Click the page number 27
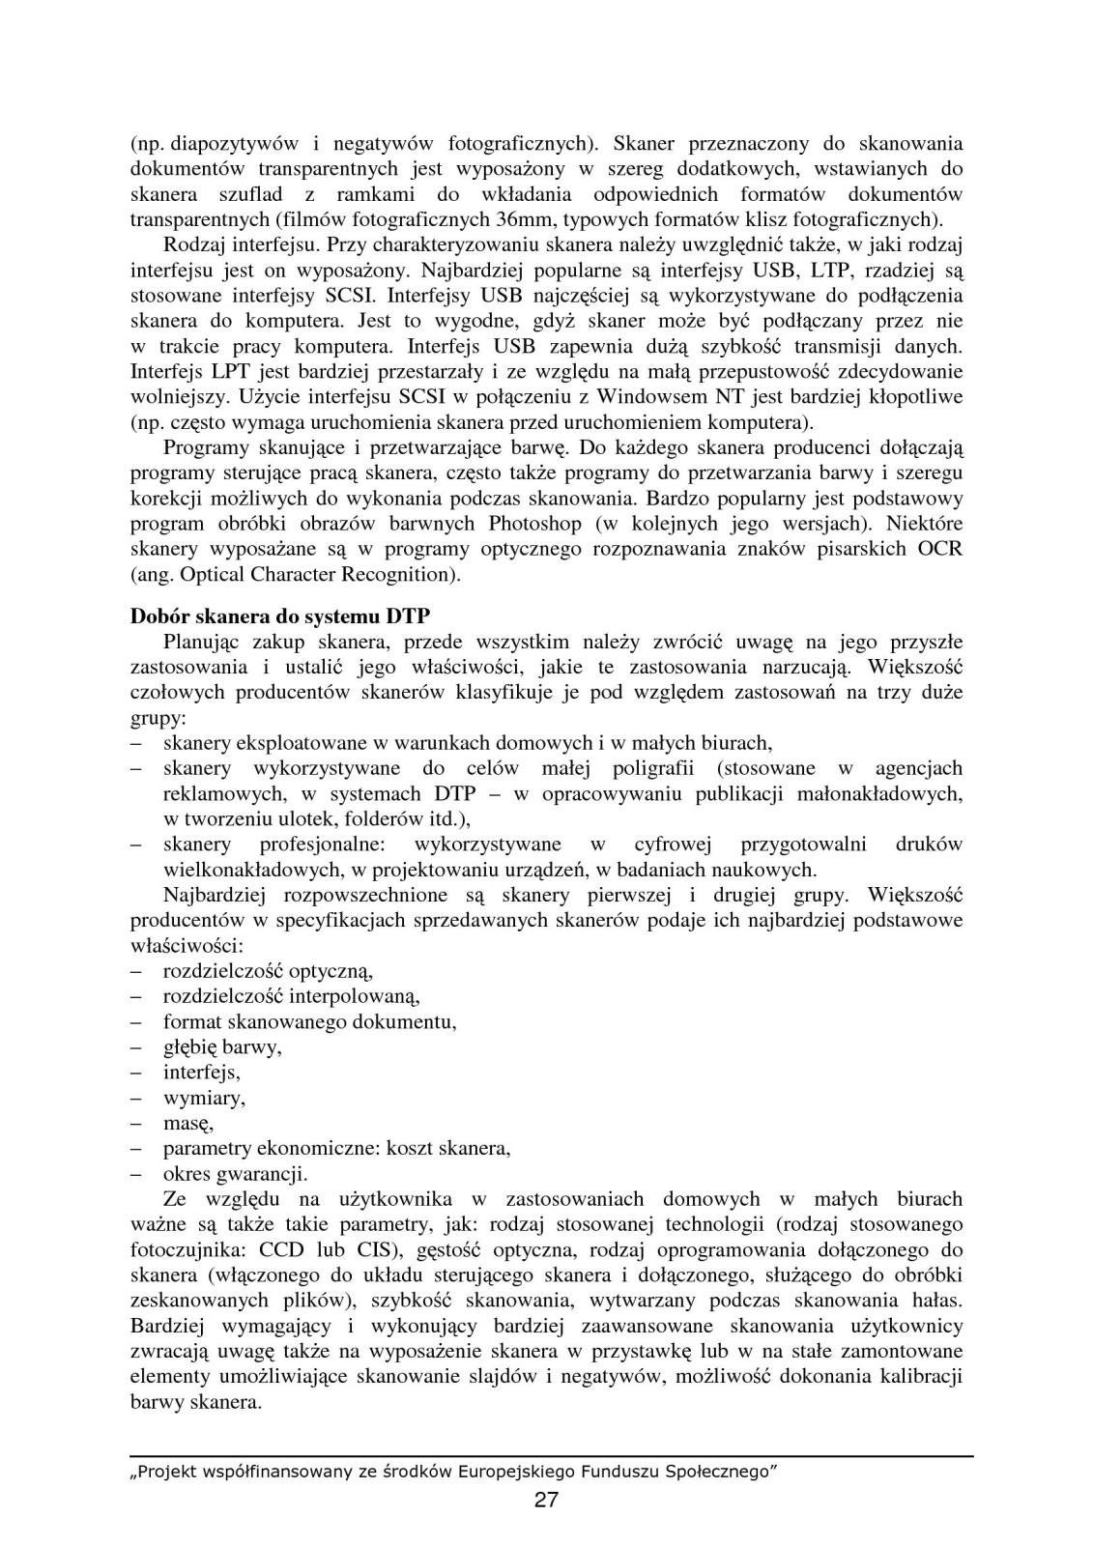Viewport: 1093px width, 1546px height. pyautogui.click(x=546, y=1500)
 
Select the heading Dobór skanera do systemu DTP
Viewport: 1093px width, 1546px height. pyautogui.click(x=280, y=616)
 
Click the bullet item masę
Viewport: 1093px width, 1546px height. pyautogui.click(x=188, y=1123)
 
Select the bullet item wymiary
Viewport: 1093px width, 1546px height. pyautogui.click(x=204, y=1098)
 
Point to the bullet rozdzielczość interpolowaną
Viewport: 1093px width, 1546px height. pyautogui.click(x=291, y=996)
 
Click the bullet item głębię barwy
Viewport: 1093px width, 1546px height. pyautogui.click(x=222, y=1046)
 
